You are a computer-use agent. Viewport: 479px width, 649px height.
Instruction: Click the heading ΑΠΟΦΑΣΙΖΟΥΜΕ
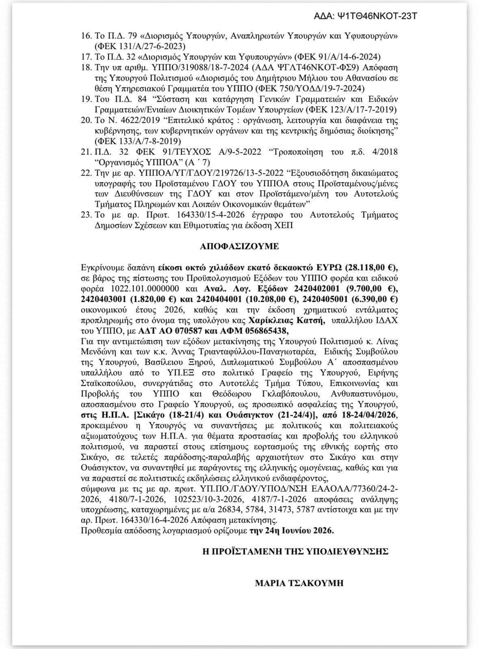(239, 246)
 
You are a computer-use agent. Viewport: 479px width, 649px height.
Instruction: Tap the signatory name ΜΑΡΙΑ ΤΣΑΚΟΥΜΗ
(299, 583)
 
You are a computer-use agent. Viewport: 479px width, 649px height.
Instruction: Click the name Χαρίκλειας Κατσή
(287, 320)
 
